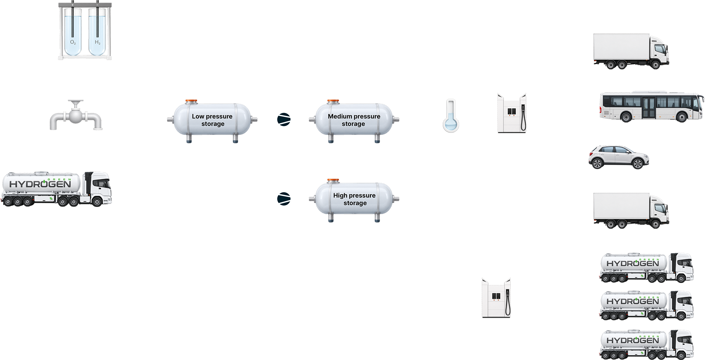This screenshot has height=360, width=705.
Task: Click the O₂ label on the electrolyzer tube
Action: (73, 43)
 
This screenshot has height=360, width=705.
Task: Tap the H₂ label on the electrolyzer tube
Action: (98, 42)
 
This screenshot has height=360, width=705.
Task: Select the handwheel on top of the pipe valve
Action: (76, 102)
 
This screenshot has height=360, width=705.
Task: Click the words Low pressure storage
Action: (212, 120)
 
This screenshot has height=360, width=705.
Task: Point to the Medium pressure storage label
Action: (354, 120)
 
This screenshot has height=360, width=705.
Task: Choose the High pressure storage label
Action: (354, 199)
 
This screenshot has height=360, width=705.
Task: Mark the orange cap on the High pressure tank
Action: (333, 180)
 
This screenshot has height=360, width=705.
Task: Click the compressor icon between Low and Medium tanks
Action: (284, 119)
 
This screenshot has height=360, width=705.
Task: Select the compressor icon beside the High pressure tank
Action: (284, 198)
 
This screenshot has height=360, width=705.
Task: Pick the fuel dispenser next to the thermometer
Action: (512, 113)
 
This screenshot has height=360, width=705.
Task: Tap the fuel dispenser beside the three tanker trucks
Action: (496, 298)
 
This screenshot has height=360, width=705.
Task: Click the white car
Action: (619, 157)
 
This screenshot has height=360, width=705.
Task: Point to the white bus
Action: (652, 107)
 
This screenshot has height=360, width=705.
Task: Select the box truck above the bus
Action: (631, 51)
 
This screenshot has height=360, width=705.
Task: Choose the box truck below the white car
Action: (631, 210)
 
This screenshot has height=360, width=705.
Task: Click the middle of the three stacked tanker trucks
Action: (647, 306)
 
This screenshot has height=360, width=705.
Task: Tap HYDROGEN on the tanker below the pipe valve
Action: (40, 184)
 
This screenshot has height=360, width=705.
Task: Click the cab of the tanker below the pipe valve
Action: (98, 188)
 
